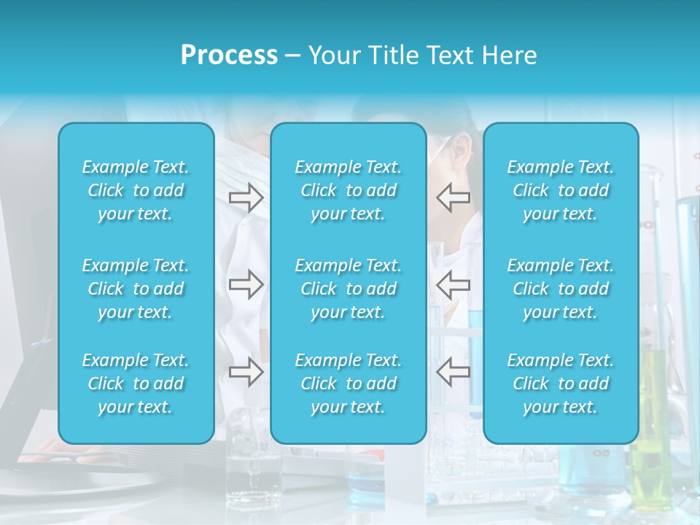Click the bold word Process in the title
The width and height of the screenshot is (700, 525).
point(229,55)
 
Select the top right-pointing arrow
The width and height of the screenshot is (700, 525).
point(246,198)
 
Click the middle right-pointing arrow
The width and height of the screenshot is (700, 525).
point(246,284)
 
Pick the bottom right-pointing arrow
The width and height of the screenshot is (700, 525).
point(246,372)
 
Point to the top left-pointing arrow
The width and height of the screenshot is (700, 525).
point(453,197)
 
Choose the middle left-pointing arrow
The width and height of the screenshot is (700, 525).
point(453,284)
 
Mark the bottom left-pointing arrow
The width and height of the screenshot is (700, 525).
point(453,372)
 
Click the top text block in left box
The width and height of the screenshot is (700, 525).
point(136,190)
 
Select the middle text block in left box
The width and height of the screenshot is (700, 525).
point(136,289)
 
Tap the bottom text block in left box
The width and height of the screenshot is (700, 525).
point(136,384)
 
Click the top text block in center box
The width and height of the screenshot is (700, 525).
point(349,190)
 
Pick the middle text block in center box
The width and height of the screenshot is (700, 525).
point(349,289)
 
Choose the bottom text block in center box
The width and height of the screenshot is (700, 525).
point(349,384)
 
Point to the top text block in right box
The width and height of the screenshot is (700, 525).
point(561,190)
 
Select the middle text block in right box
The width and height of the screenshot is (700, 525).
point(561,289)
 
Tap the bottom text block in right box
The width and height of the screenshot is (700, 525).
point(561,384)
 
